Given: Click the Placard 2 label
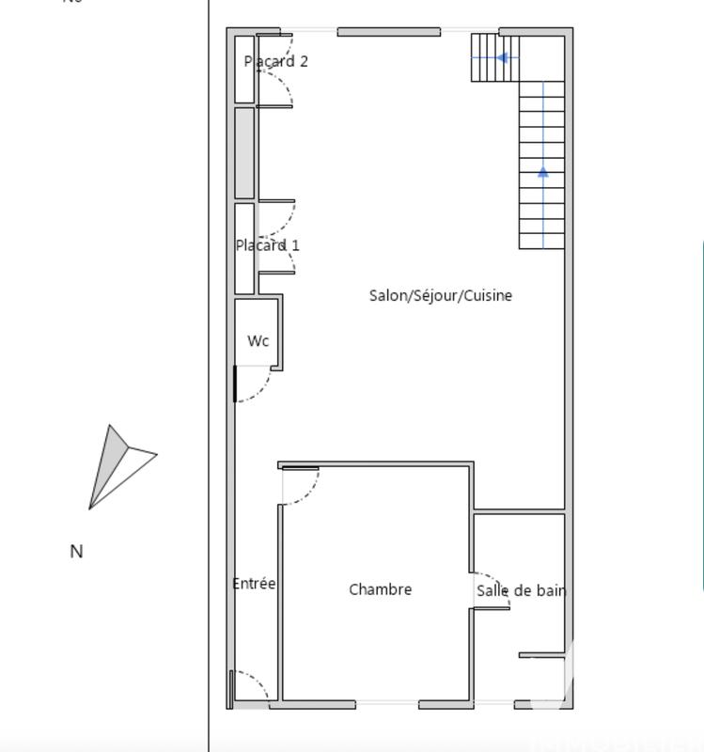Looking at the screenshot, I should [275, 62].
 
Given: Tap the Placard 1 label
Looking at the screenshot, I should [268, 245].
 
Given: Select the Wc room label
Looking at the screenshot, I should [258, 341].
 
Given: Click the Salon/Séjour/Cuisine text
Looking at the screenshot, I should [440, 295].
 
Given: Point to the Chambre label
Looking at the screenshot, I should [380, 589].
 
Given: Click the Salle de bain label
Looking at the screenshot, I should [521, 590].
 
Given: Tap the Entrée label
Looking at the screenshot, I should [254, 584].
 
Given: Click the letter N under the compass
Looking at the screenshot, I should [77, 552].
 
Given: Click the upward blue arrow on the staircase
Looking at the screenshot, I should [543, 172].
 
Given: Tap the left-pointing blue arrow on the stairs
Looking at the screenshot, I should [502, 58].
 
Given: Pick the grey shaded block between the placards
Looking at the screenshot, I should [244, 152].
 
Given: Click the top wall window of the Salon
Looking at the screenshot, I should [388, 32].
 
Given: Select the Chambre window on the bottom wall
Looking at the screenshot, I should [386, 703].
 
